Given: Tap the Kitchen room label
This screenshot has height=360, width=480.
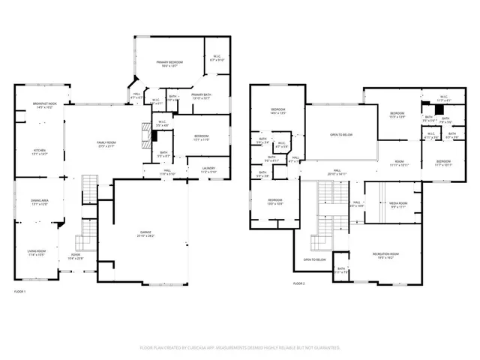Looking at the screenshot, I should coord(38,152).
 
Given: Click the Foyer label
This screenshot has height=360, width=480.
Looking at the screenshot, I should coord(76,256).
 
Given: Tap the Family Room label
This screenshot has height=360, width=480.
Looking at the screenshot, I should coord(106,144).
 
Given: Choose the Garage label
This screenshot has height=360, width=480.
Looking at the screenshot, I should coord(145,234).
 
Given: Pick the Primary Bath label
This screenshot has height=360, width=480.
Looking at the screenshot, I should coord(202,96).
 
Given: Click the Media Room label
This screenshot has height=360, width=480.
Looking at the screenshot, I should coord(397,205).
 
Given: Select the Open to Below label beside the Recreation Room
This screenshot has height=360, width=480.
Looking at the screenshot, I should coord(314,259).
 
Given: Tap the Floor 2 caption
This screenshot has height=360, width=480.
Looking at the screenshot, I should coord(299,283).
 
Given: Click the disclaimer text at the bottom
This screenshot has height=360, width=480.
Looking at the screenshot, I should coord(240,348).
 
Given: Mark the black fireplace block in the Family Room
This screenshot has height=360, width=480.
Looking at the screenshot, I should coord(154,136).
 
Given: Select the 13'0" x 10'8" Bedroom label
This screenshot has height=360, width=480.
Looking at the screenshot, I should coord(275,202).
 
